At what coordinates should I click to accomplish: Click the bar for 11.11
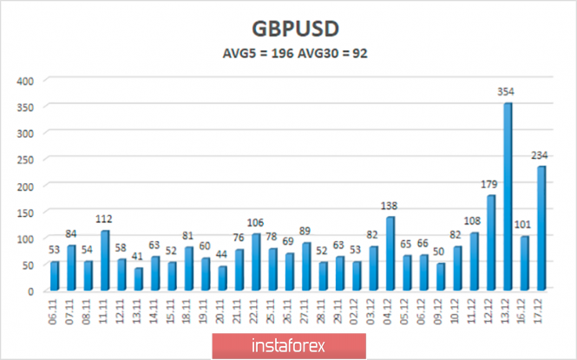coord(105,260)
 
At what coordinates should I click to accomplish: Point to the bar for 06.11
coord(55,276)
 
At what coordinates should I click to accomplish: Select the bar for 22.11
coord(257,262)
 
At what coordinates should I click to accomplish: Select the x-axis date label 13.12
coord(508,313)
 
